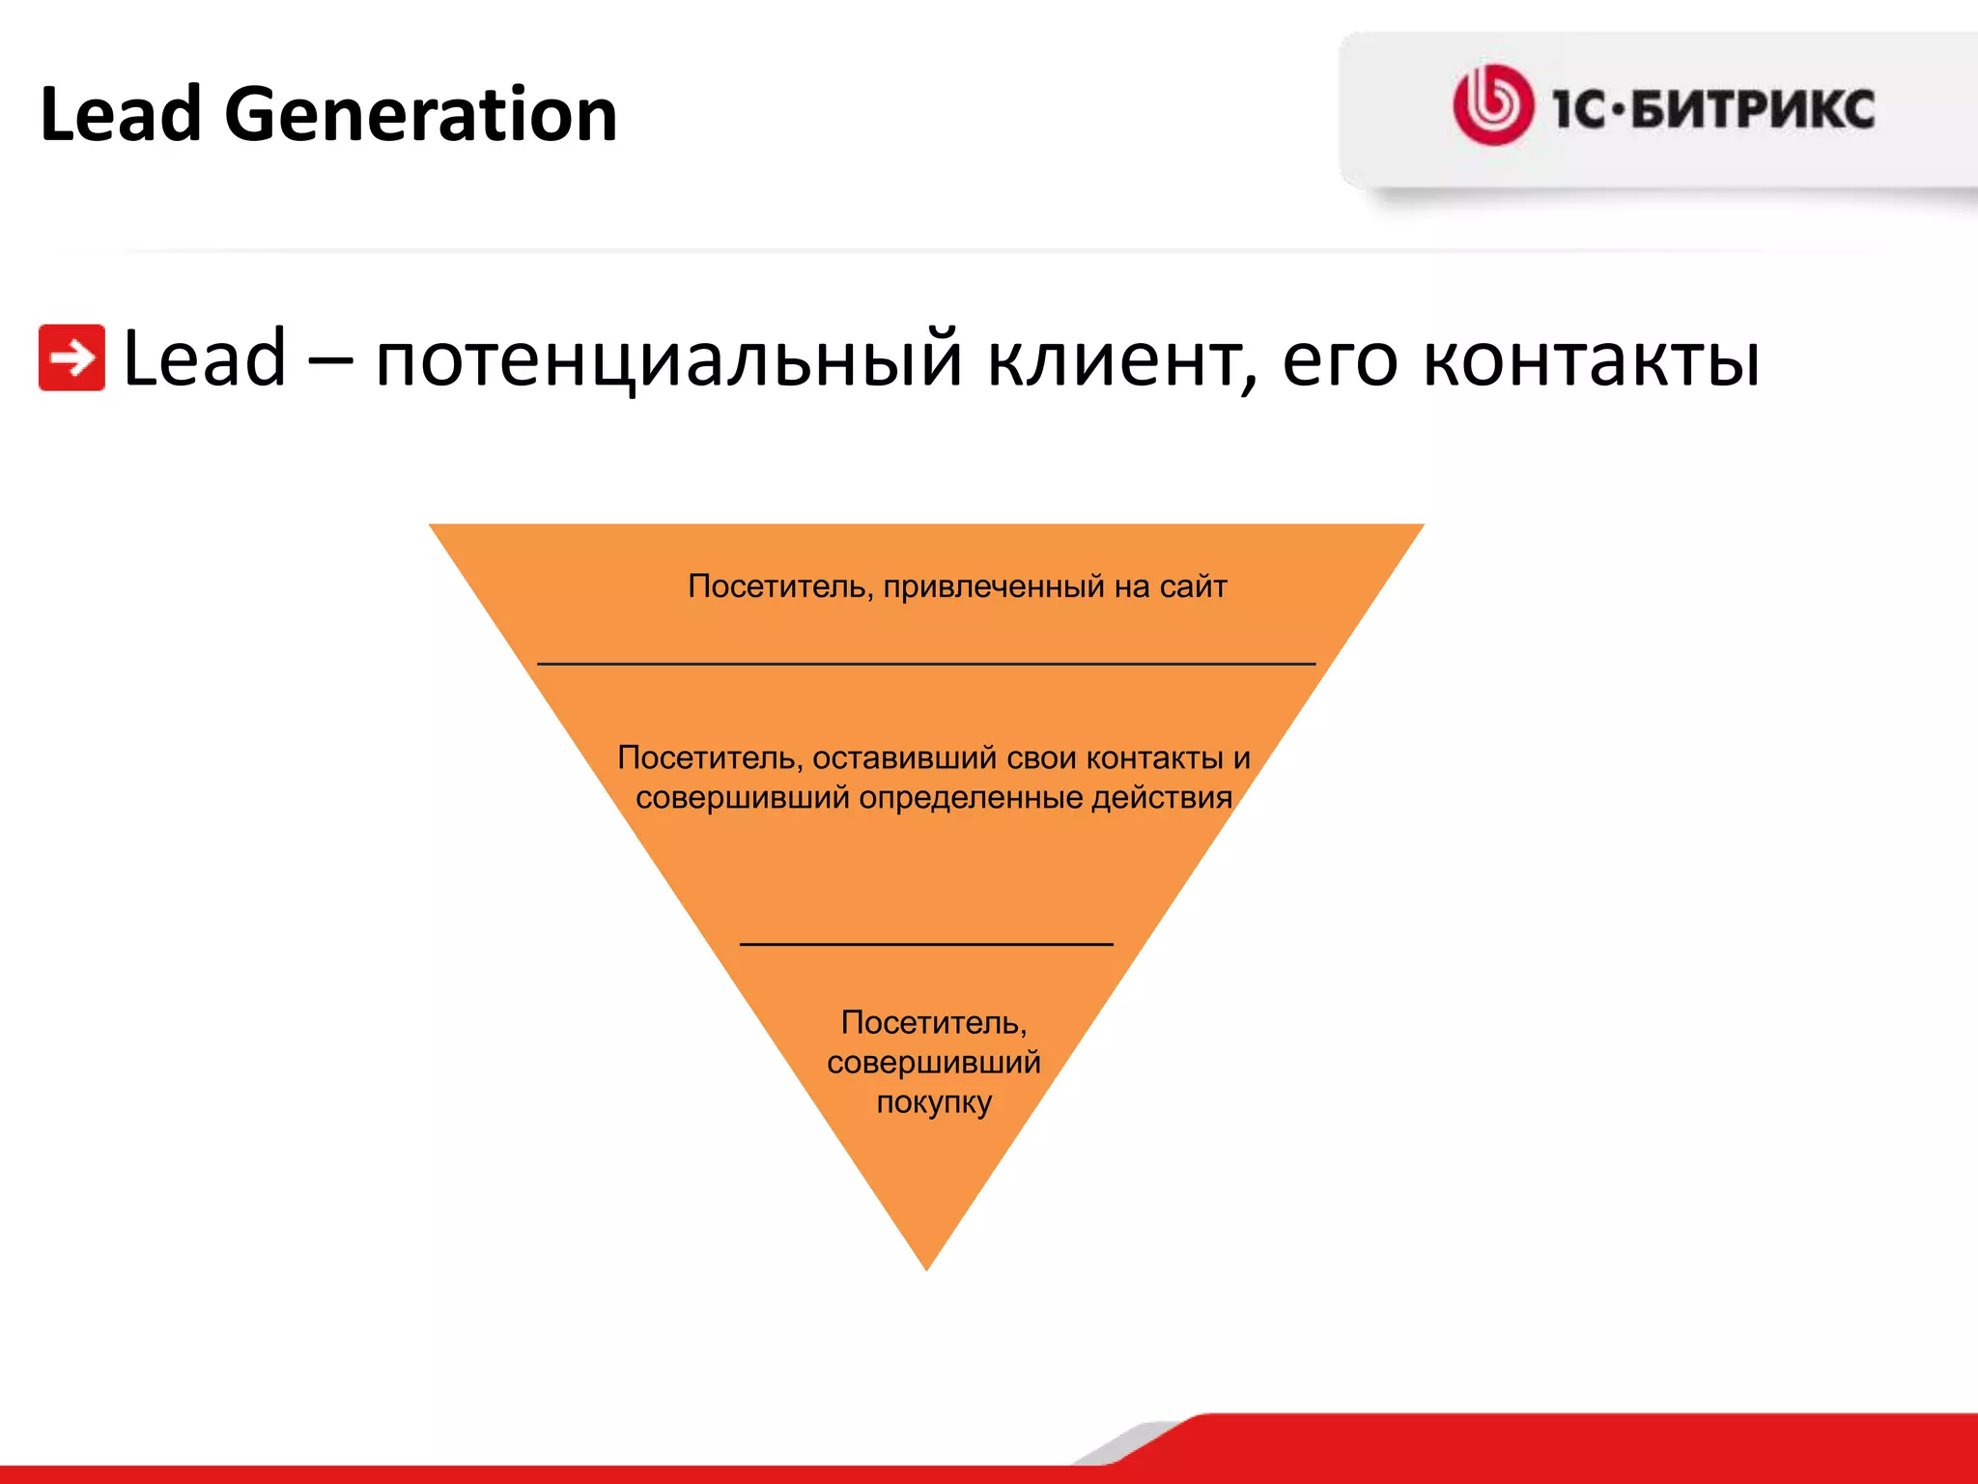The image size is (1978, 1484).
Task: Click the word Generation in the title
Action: click(420, 116)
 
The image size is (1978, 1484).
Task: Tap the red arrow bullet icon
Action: click(71, 357)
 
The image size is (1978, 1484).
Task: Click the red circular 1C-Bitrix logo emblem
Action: click(1492, 105)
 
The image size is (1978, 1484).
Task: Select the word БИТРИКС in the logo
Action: click(1753, 108)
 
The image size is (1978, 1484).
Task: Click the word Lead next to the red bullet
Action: click(205, 357)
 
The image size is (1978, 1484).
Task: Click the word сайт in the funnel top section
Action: click(1193, 586)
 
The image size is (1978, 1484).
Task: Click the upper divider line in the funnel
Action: click(925, 664)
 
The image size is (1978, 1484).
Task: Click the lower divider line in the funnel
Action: click(925, 944)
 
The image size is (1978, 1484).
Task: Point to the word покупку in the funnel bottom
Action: click(933, 1102)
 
